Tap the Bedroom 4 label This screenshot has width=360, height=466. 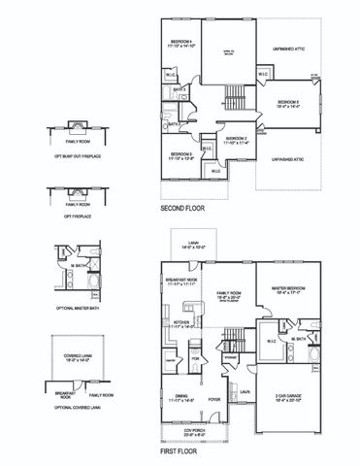pyautogui.click(x=181, y=43)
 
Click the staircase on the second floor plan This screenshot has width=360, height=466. pyautogui.click(x=235, y=97)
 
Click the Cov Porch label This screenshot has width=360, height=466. pyautogui.click(x=212, y=431)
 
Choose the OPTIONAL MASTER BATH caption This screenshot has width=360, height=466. pyautogui.click(x=69, y=308)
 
